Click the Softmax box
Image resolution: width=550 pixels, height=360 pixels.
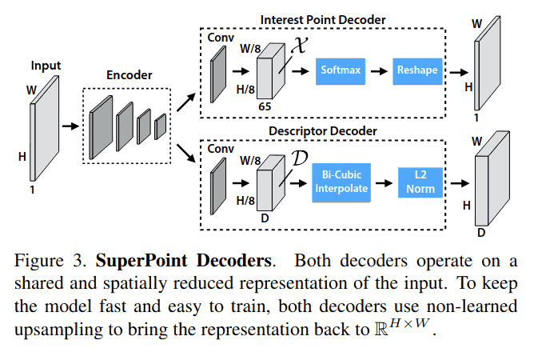341,70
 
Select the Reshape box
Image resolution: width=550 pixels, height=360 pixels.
417,70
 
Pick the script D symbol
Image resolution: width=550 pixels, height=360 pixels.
301,157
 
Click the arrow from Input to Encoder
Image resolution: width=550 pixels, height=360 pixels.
71,126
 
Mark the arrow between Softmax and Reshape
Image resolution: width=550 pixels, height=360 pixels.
380,70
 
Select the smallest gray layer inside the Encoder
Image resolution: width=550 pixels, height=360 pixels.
160,126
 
